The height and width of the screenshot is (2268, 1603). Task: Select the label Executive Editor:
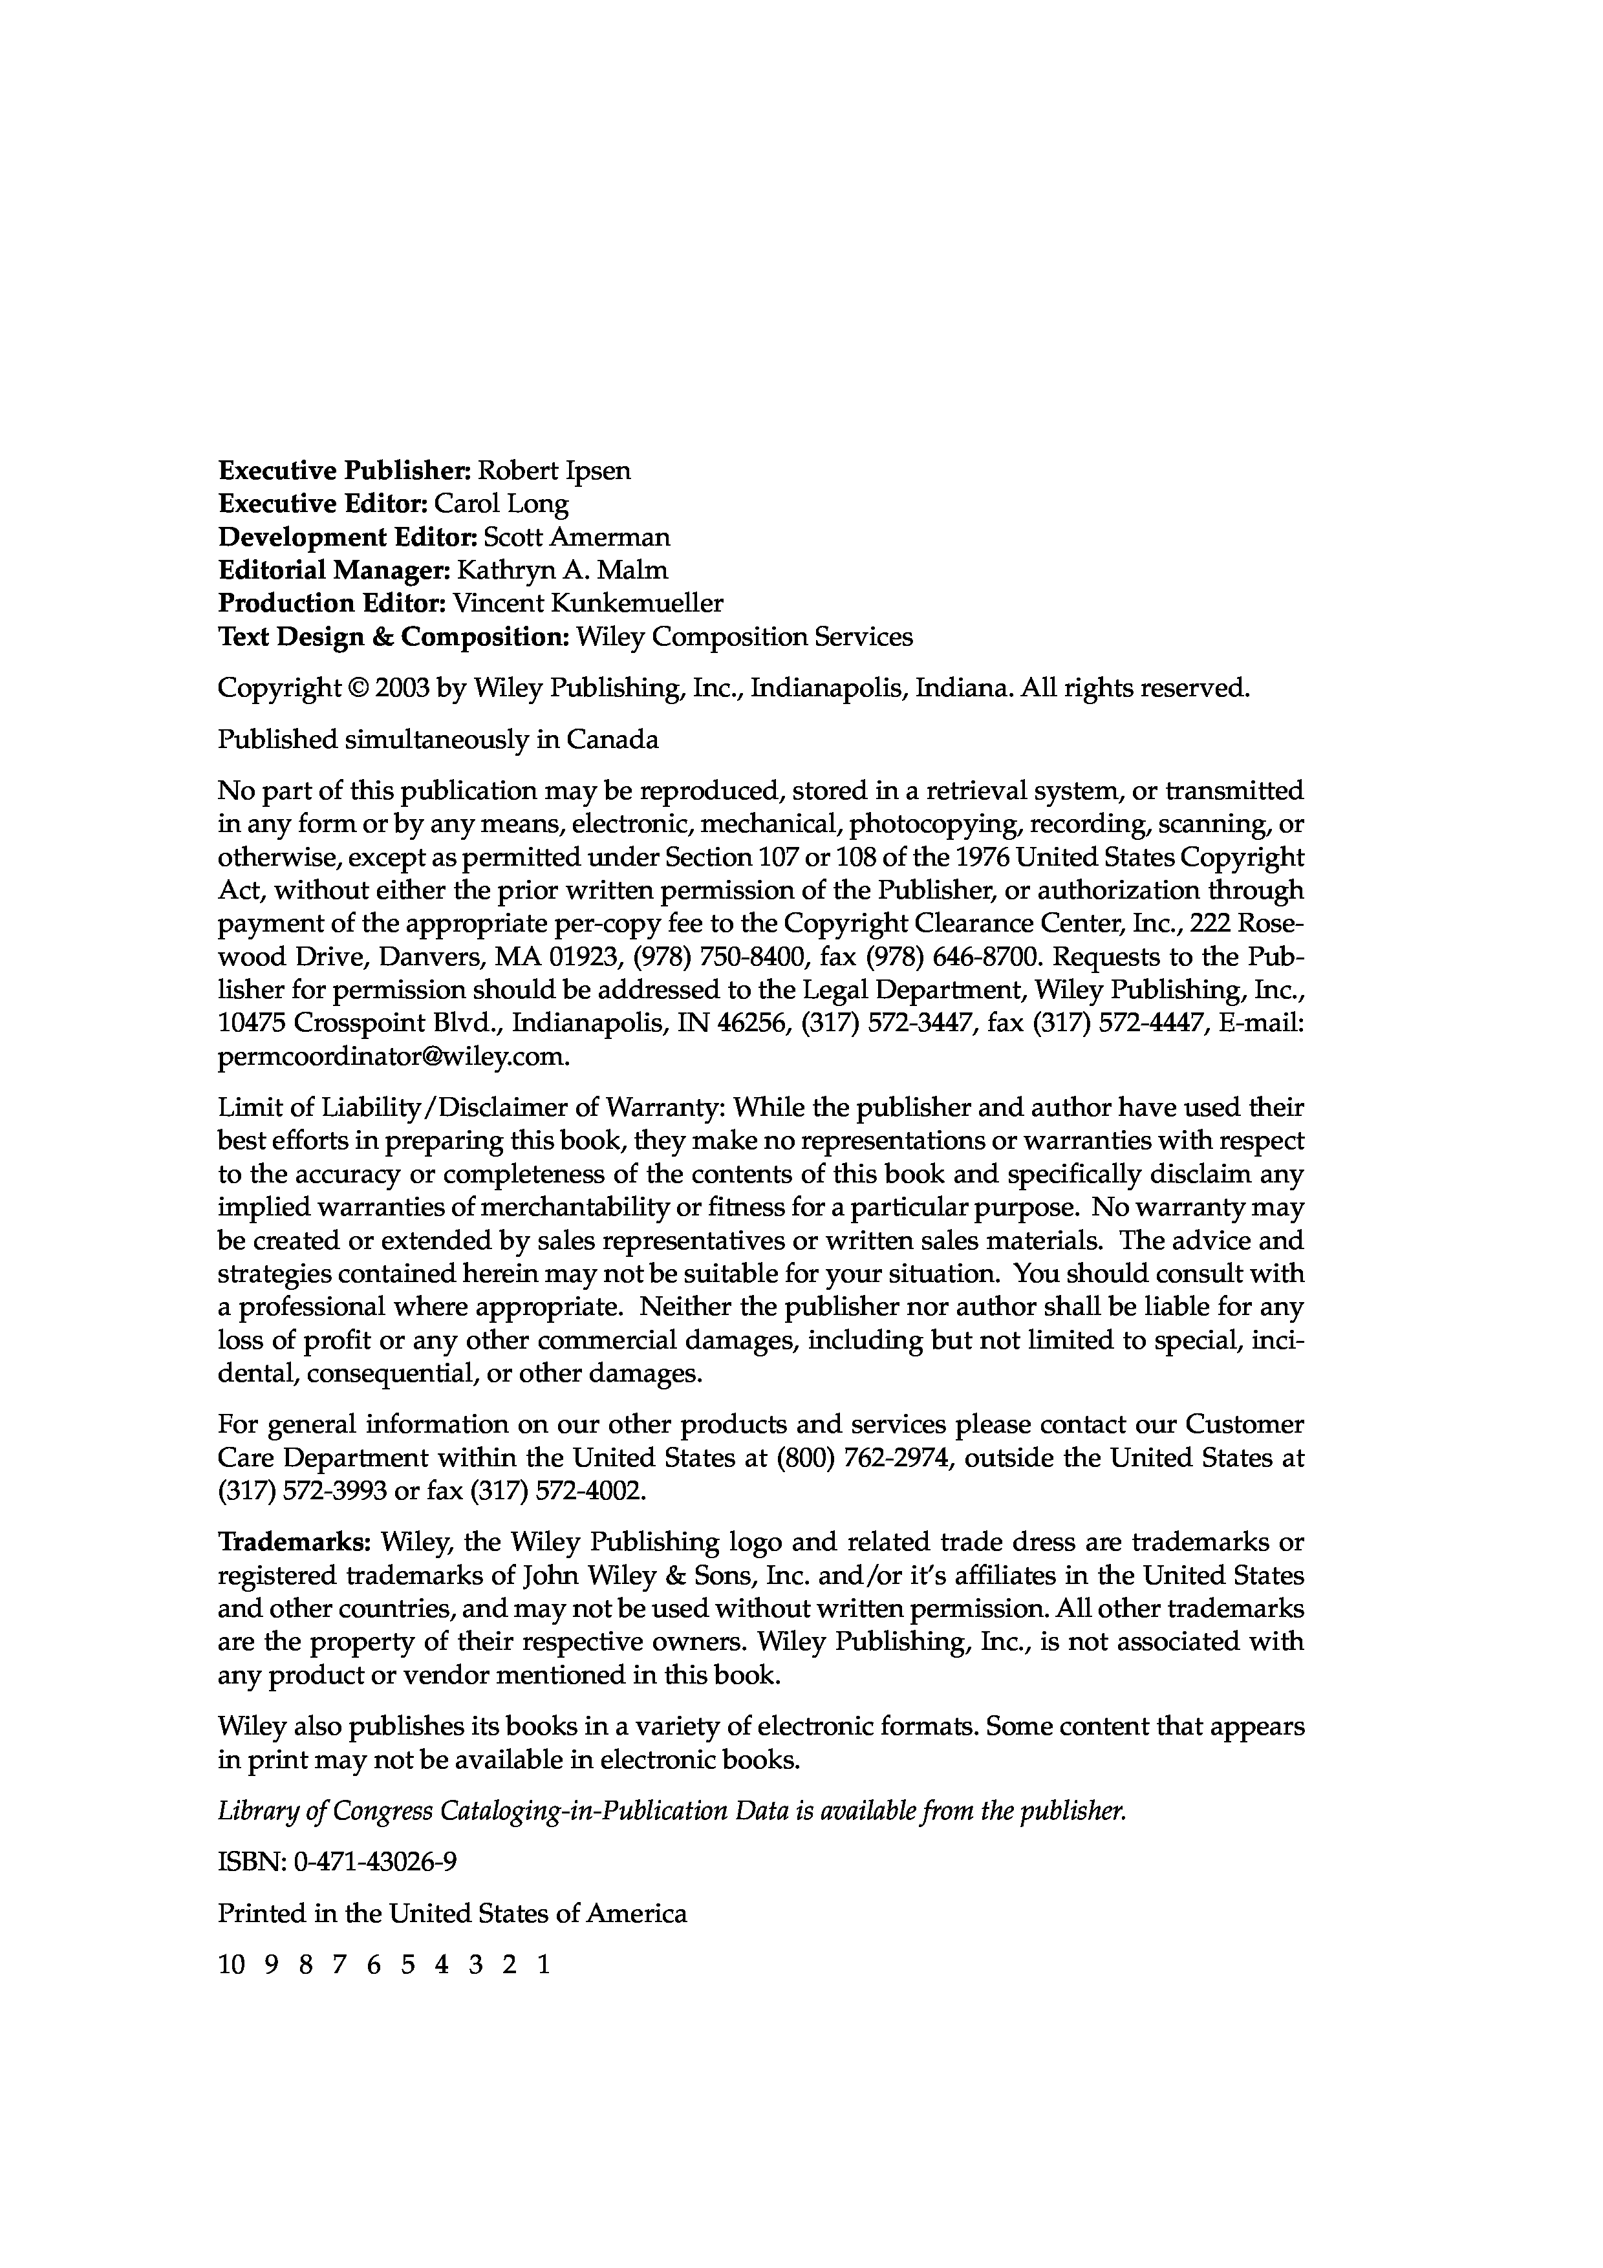point(323,505)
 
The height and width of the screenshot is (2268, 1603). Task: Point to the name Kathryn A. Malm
point(563,571)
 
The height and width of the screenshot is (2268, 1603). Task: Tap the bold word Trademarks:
point(294,1542)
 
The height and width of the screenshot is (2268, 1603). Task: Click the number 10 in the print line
point(230,1965)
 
